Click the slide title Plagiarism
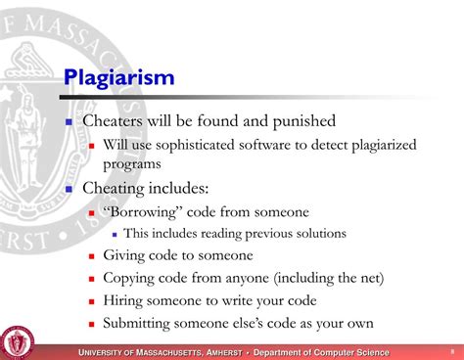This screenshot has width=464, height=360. pos(119,76)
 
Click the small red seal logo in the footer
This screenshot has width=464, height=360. pos(17,342)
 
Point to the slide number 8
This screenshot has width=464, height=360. pos(452,350)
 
